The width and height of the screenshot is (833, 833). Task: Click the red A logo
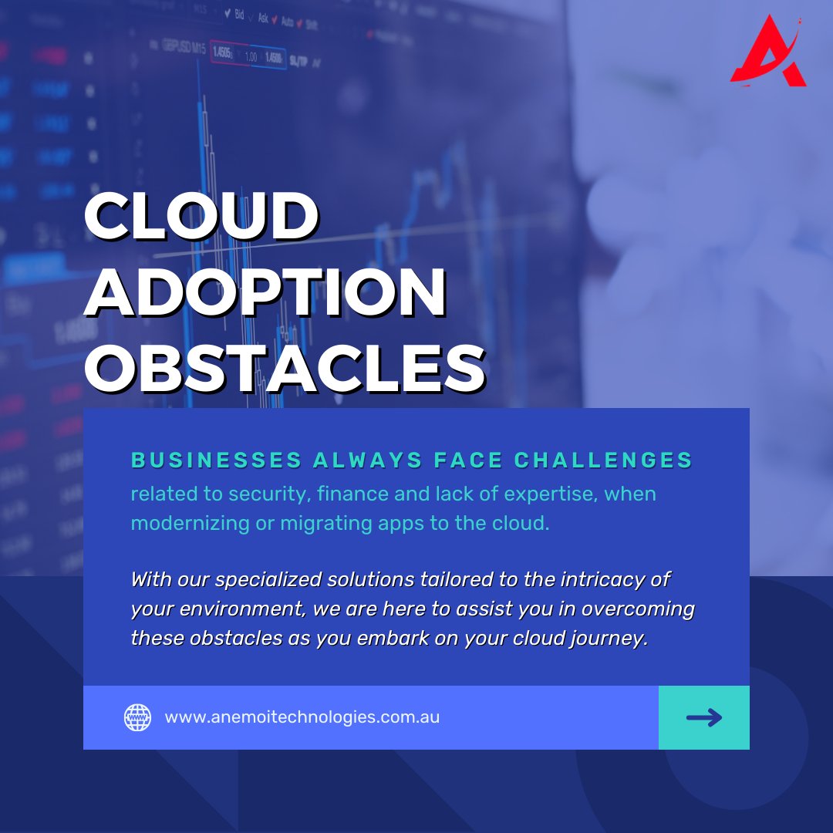point(767,52)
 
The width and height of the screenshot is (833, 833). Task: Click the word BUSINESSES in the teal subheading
point(216,460)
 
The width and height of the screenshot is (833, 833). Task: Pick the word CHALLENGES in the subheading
point(603,460)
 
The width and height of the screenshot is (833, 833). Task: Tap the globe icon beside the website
point(138,717)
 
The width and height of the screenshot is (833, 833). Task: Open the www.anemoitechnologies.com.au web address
point(302,717)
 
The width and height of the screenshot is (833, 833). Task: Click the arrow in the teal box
point(704,717)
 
